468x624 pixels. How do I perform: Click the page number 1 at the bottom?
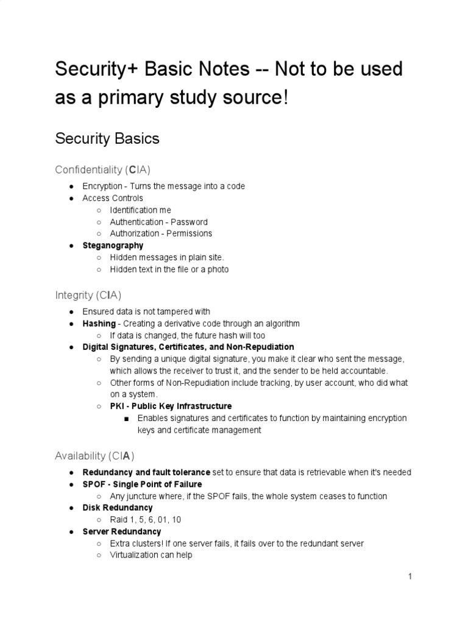click(411, 576)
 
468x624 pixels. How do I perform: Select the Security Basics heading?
click(107, 138)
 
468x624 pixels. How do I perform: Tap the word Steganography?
click(113, 246)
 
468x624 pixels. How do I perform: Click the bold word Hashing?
click(99, 324)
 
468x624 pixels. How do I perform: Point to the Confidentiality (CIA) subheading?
click(102, 169)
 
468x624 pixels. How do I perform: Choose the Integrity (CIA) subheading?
click(88, 296)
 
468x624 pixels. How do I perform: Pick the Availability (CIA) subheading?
click(94, 455)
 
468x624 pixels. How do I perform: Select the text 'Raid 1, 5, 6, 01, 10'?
click(145, 520)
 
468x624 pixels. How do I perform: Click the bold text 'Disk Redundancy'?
click(118, 508)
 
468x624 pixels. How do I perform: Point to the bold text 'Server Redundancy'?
click(122, 531)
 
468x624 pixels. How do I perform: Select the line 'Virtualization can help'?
click(151, 555)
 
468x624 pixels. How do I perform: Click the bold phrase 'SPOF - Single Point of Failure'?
click(142, 484)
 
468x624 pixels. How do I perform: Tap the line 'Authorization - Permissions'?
click(161, 233)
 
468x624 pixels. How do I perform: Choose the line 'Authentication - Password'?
click(158, 222)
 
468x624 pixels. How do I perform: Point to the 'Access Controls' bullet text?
click(113, 198)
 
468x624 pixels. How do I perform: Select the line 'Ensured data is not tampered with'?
click(146, 311)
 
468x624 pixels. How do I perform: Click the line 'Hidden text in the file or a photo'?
click(169, 269)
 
